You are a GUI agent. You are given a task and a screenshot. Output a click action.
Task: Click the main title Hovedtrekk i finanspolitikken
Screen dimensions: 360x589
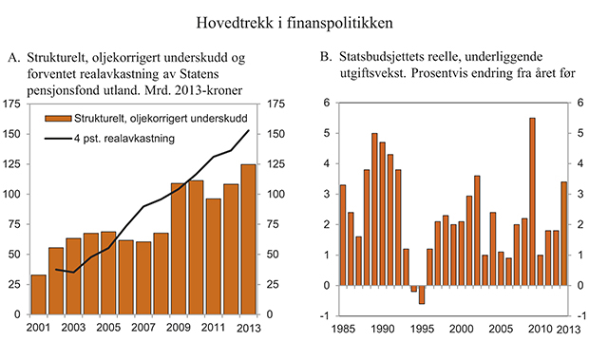[294, 20]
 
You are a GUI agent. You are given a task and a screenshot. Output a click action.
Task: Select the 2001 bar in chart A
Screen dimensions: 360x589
[38, 294]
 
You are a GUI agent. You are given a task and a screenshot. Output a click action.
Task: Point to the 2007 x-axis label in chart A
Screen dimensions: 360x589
[142, 328]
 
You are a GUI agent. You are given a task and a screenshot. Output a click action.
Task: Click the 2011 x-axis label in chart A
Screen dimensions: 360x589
[213, 328]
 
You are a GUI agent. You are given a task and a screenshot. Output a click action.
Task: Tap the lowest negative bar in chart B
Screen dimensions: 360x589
[423, 294]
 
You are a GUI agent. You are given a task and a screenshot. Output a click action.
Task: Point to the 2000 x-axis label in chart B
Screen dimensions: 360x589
[463, 328]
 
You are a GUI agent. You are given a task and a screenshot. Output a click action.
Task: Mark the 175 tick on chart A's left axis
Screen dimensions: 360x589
[15, 104]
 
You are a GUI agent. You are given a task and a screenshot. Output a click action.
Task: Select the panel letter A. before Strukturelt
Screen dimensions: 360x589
[13, 60]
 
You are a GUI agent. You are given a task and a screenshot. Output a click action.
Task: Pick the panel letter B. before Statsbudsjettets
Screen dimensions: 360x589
[327, 60]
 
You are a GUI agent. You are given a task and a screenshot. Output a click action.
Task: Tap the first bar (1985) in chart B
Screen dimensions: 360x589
[343, 235]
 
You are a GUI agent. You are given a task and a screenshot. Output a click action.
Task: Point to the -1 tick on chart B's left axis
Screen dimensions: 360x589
[325, 315]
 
